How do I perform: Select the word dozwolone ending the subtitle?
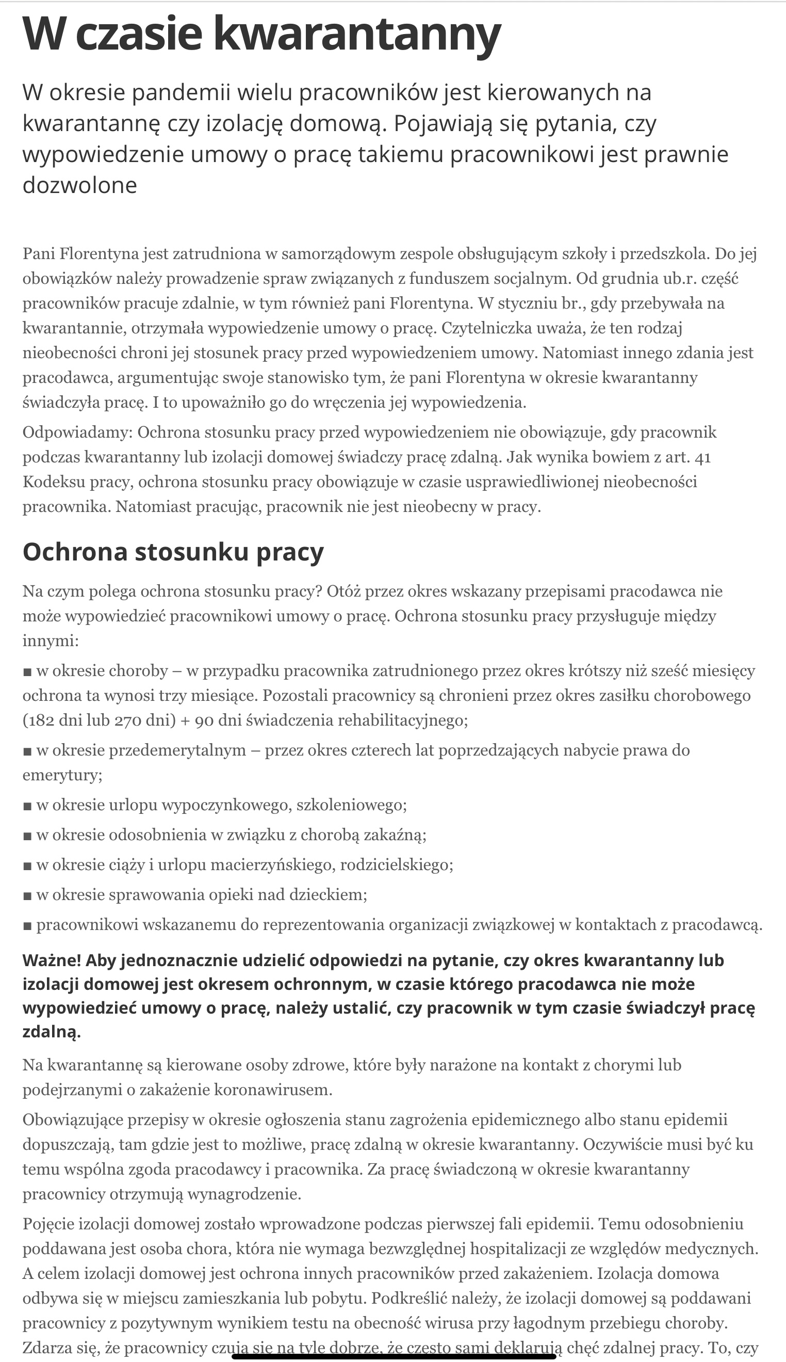(80, 185)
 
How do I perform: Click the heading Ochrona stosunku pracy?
(173, 552)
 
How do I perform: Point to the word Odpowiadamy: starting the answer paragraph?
(78, 432)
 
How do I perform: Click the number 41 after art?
(703, 457)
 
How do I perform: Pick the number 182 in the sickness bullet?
(43, 720)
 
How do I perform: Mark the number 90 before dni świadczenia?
(205, 720)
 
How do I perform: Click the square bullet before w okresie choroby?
(27, 672)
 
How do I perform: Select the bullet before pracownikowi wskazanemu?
(27, 926)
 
